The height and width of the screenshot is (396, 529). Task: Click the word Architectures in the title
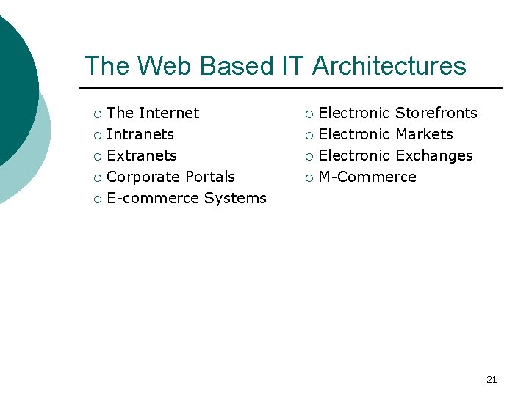coord(389,66)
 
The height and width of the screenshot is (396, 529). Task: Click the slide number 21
coord(492,379)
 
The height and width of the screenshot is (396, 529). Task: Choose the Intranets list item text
coord(140,134)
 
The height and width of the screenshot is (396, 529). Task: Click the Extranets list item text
coord(142,155)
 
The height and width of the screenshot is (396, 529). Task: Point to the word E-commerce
coord(153,198)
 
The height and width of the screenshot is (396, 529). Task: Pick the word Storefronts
coord(436,113)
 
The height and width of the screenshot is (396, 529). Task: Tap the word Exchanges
coord(433,155)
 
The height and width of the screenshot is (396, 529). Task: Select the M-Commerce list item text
coord(367,177)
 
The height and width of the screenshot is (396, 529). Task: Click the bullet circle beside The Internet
coord(98,114)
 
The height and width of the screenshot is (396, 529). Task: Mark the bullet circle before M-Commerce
coord(309,177)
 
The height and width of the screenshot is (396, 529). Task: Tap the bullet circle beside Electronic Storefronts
coord(309,114)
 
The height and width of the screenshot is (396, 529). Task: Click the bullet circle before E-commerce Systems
coord(98,199)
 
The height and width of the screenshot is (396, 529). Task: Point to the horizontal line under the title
coord(294,88)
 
